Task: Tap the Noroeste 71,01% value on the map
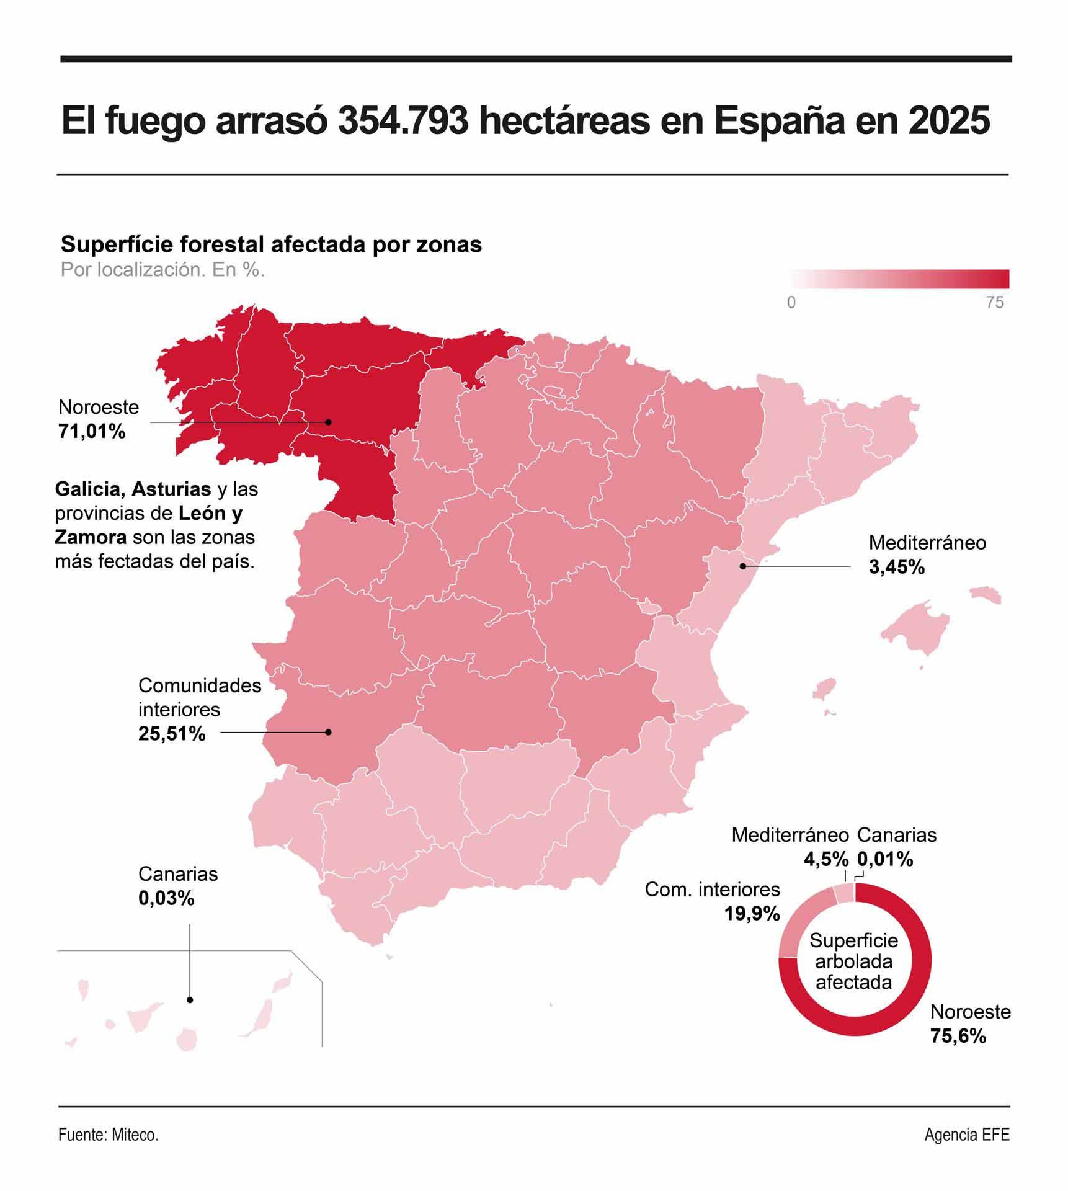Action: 92,431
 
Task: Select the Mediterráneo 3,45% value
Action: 896,566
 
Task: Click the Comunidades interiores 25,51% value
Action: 172,734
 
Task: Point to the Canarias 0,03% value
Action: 166,898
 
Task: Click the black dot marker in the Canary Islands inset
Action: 190,1000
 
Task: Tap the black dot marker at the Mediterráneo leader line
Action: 742,566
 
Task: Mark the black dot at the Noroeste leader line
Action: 329,422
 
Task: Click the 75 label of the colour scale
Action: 994,303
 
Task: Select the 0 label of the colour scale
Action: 791,303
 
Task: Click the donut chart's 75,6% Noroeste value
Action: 958,1036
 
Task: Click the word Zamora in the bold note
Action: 91,537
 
